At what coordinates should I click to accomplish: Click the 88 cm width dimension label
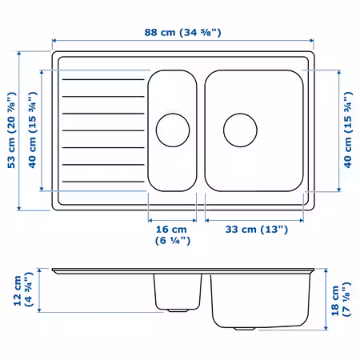click(182, 33)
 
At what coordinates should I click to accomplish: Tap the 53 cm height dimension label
click(11, 130)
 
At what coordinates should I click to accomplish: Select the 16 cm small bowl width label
click(173, 235)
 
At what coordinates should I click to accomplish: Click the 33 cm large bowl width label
click(257, 230)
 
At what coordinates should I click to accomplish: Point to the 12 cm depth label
click(23, 290)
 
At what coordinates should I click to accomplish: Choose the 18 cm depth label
click(341, 299)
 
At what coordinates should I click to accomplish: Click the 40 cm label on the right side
click(348, 130)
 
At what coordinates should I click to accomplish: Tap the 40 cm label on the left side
click(32, 130)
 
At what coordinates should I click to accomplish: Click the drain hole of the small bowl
click(173, 130)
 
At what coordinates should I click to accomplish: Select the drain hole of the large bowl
click(240, 130)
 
